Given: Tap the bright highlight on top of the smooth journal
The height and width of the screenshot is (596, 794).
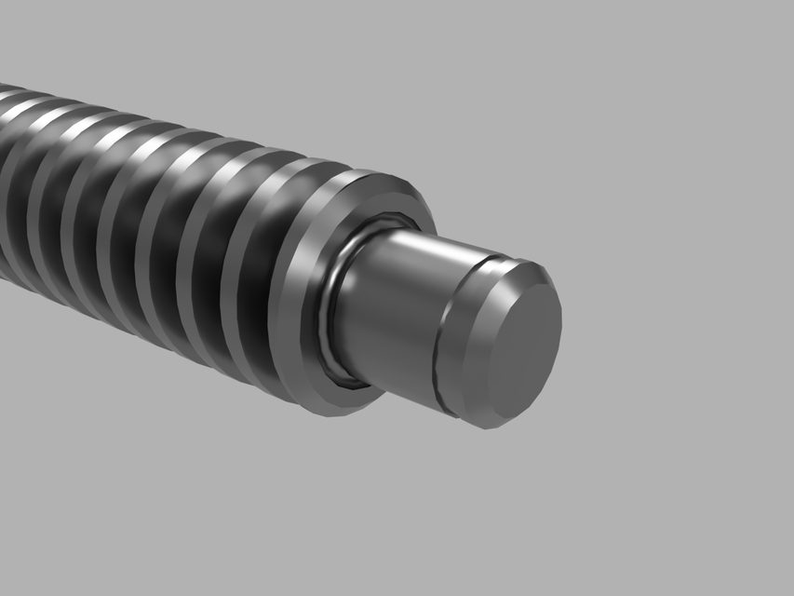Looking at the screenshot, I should click(419, 244).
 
